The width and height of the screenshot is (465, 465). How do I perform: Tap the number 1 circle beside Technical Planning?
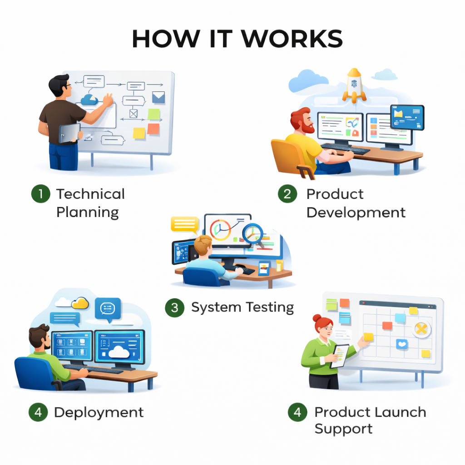point(41,194)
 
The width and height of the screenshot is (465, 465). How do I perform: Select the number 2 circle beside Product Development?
point(287,194)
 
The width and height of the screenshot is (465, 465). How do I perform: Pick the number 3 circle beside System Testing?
point(174,308)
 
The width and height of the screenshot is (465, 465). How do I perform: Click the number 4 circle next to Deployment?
point(38,412)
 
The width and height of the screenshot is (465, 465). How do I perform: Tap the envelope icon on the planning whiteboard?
point(158,97)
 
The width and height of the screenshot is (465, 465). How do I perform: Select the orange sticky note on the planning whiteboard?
point(153,129)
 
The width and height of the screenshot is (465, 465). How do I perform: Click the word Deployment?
point(99,412)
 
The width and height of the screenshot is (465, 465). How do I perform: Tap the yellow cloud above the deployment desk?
point(80,303)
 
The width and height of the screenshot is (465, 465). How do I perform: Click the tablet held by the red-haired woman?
point(339,356)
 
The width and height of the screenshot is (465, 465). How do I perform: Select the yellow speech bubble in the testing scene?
point(184,224)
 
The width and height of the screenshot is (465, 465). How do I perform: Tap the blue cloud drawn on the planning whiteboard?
point(89,99)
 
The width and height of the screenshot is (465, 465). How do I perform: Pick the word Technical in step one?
point(90,194)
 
